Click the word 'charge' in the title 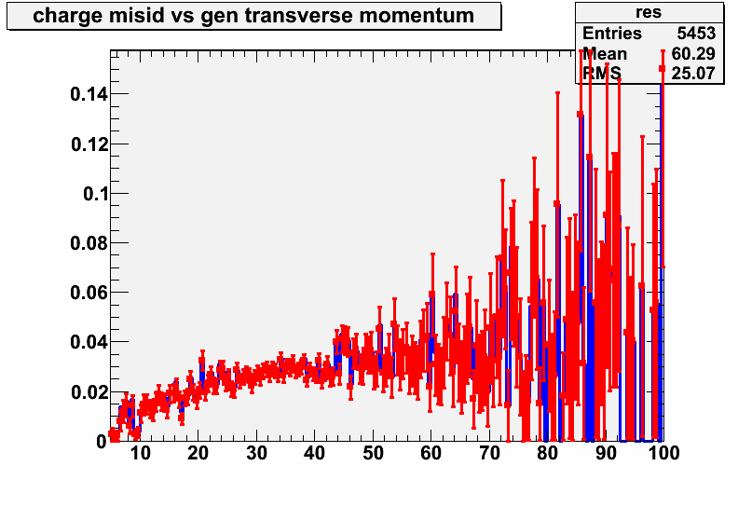(x=67, y=17)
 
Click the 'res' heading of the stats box (x=649, y=12)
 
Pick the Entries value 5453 (x=696, y=34)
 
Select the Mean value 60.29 (x=693, y=54)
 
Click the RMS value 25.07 (x=693, y=73)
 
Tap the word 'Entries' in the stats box (x=612, y=34)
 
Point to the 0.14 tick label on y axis (x=89, y=95)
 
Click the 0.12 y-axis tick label (x=89, y=144)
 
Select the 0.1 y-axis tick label (x=96, y=194)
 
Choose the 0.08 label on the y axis (x=89, y=243)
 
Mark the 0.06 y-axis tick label (x=89, y=293)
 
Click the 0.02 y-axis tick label (x=89, y=391)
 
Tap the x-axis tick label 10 (x=141, y=453)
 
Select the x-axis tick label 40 (x=314, y=453)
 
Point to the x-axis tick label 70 (x=489, y=453)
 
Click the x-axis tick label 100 (x=663, y=453)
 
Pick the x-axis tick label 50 (x=373, y=453)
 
